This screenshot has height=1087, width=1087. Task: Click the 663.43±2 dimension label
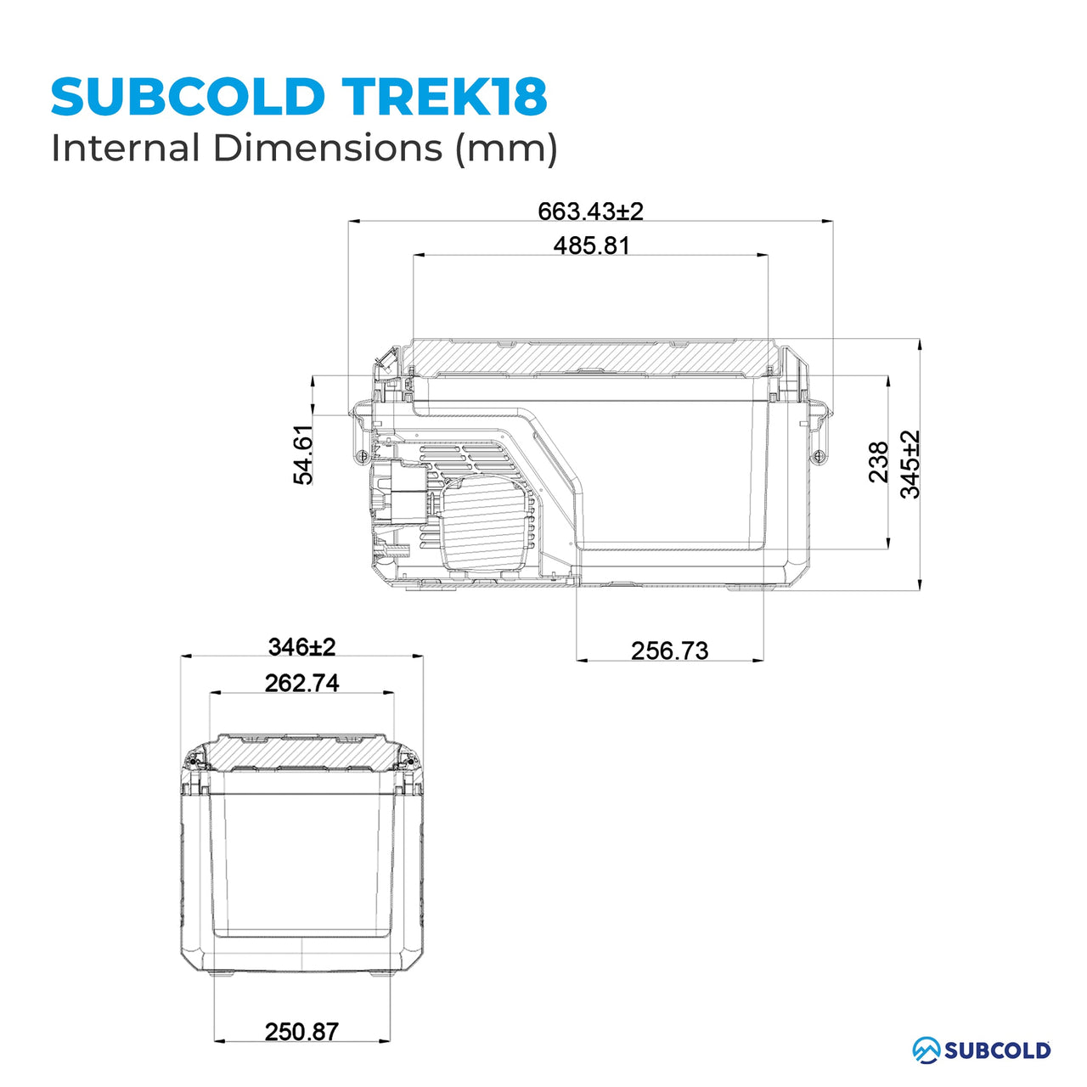click(x=590, y=211)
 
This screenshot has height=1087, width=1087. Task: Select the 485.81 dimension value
click(x=590, y=245)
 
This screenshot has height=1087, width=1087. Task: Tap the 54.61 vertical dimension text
click(x=303, y=454)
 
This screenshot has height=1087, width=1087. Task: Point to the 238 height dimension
click(x=878, y=462)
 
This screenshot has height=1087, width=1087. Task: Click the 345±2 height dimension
click(x=910, y=465)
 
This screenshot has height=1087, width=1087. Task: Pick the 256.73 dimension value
click(x=669, y=651)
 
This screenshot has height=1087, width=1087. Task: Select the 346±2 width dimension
click(x=301, y=647)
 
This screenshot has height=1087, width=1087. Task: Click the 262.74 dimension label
click(x=301, y=683)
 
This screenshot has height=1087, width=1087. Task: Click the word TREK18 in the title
click(x=445, y=97)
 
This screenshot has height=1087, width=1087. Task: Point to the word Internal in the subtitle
click(x=125, y=149)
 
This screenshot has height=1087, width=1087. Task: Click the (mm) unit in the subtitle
click(x=506, y=149)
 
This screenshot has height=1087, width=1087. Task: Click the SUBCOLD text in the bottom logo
click(x=997, y=1050)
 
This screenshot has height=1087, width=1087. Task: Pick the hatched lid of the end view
click(x=301, y=754)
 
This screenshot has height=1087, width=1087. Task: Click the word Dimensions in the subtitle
click(x=328, y=149)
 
